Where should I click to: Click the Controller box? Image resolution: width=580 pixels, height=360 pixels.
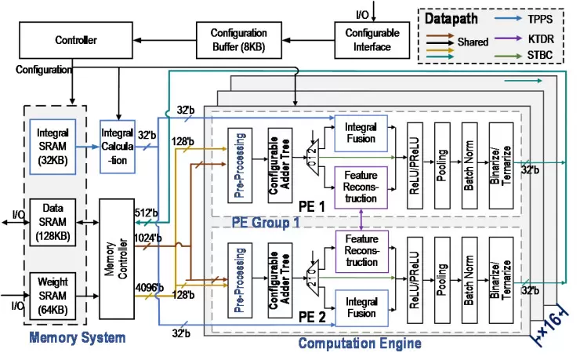75,40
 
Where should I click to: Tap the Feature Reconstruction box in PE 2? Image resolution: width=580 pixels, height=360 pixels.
361,250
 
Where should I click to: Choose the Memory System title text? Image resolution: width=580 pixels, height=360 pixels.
77,338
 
